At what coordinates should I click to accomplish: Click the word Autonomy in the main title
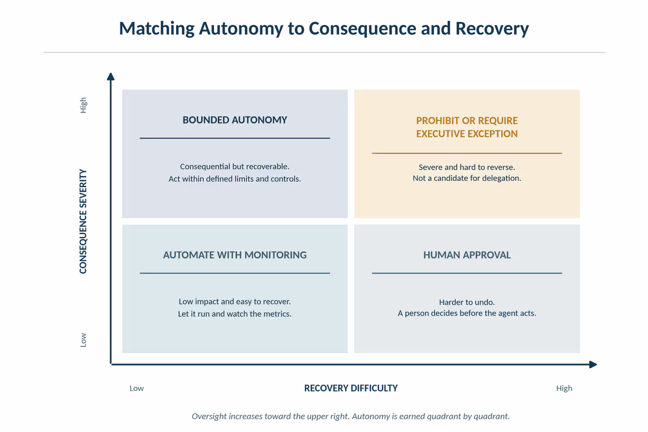[x=241, y=29]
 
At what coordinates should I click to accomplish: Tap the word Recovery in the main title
[x=492, y=29]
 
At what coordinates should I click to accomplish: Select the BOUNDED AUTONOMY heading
[x=234, y=120]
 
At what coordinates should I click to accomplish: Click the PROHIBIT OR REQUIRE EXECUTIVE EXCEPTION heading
[x=467, y=127]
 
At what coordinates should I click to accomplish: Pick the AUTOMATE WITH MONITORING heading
[x=234, y=255]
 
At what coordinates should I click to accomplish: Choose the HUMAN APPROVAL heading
[x=467, y=255]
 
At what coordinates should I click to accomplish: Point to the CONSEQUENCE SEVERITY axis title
[x=83, y=221]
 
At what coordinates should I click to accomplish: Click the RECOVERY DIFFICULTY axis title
[x=351, y=388]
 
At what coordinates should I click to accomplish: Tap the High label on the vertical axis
[x=83, y=105]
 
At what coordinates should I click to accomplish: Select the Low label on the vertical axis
[x=83, y=340]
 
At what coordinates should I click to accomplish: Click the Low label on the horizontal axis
[x=137, y=388]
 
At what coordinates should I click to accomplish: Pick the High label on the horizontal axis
[x=564, y=388]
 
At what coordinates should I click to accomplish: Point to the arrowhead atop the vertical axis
[x=111, y=76]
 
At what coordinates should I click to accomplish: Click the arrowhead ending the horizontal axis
[x=593, y=364]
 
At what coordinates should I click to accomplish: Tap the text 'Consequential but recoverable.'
[x=234, y=167]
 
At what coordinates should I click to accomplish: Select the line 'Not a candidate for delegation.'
[x=467, y=178]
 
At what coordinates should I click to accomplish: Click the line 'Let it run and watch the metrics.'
[x=234, y=314]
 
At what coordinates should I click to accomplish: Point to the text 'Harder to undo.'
[x=467, y=302]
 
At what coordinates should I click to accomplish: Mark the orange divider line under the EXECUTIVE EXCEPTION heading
[x=467, y=153]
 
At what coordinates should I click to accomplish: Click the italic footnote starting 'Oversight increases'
[x=350, y=416]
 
